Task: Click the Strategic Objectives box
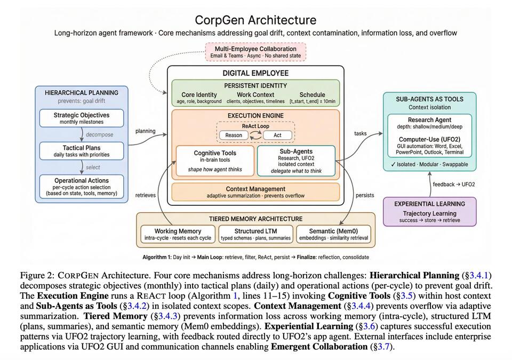point(82,118)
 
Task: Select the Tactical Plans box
point(82,151)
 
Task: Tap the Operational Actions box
point(82,186)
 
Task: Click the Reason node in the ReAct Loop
point(234,135)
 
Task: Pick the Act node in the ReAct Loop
point(277,135)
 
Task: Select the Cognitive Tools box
point(215,161)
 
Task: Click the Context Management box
point(255,192)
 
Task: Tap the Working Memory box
point(178,234)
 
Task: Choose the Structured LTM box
point(255,234)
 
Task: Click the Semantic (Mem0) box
point(333,234)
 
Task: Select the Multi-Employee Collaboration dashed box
point(255,52)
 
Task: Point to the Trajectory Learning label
point(429,213)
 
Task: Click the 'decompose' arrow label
point(100,134)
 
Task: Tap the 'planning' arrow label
point(145,131)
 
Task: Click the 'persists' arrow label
point(365,195)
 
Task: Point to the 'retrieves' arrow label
point(145,195)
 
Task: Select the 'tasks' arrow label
point(360,133)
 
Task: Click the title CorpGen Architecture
point(255,20)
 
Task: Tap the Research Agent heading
point(429,120)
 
